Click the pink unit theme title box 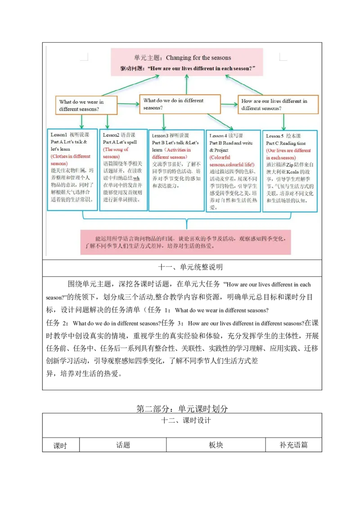pos(187,63)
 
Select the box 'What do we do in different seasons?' pos(180,104)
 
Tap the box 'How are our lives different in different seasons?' pos(278,104)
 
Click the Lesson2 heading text pos(119,135)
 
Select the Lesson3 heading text pos(171,135)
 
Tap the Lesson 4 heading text pos(226,136)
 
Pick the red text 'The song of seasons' pos(116,153)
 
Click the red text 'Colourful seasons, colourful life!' pos(232,161)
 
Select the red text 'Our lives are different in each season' pos(288,154)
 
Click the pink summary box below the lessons pos(185,242)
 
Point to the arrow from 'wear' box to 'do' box pos(128,104)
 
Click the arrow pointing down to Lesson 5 pos(283,122)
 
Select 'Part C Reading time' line pos(286,143)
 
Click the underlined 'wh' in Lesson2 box pos(136,178)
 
